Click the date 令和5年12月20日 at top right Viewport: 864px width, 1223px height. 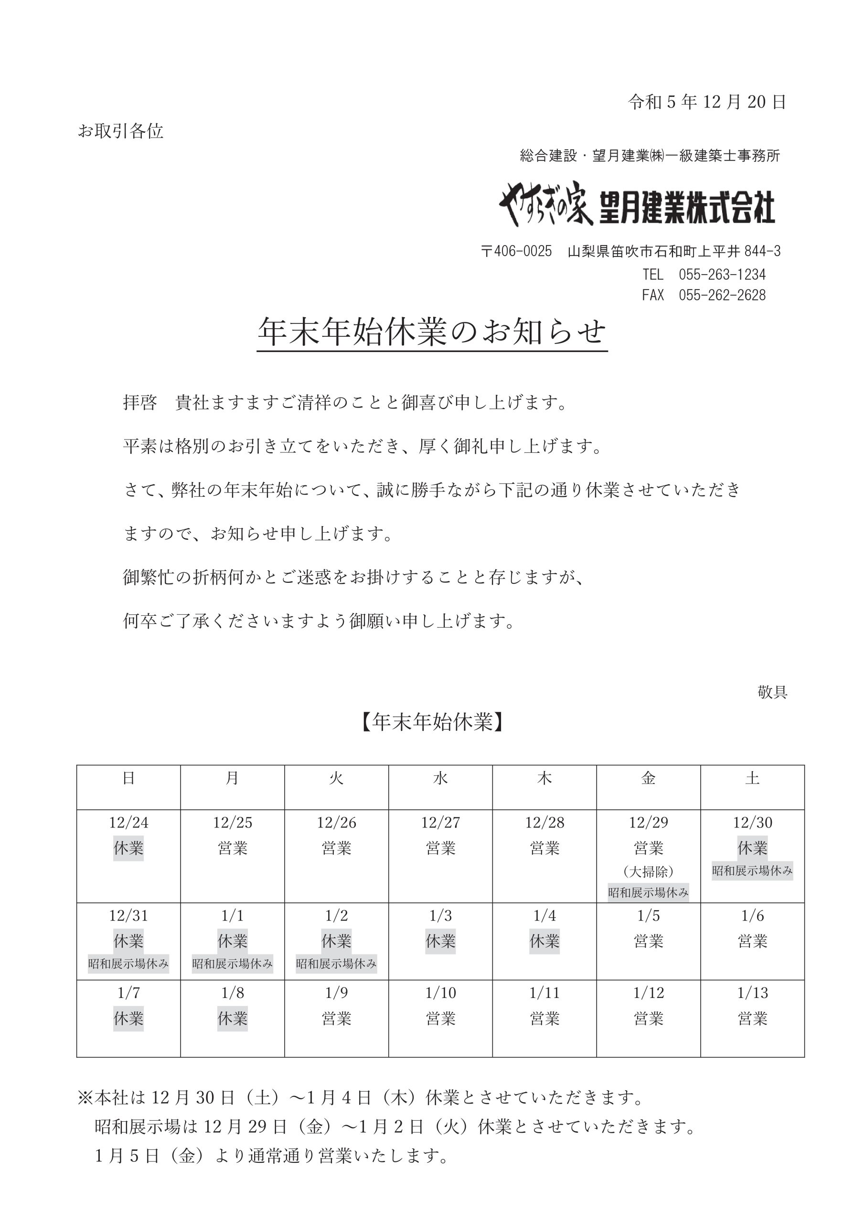(x=707, y=102)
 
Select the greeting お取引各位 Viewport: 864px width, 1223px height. (x=120, y=131)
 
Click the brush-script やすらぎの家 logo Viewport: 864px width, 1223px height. (x=545, y=204)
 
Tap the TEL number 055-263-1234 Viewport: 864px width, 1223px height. (x=722, y=275)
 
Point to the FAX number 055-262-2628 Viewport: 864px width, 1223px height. (x=722, y=295)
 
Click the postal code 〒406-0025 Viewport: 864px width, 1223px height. (x=516, y=251)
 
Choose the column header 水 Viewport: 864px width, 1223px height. (x=440, y=778)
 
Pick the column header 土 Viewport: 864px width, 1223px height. (x=752, y=778)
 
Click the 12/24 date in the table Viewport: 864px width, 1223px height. (x=128, y=823)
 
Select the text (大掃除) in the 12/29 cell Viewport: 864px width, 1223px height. (x=648, y=871)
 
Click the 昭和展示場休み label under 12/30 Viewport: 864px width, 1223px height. (x=752, y=871)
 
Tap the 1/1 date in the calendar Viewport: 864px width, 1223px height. (x=232, y=916)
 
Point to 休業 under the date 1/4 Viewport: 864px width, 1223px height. (x=544, y=941)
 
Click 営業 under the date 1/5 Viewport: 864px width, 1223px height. (x=648, y=941)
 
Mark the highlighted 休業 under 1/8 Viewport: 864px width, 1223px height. (x=232, y=1019)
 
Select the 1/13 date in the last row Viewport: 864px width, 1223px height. (x=752, y=993)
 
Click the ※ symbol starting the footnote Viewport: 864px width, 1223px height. (x=85, y=1098)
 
